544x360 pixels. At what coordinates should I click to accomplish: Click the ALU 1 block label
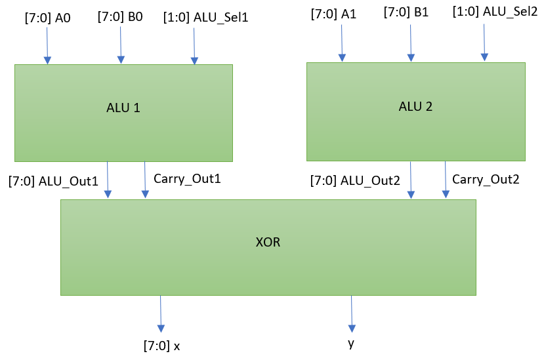123,108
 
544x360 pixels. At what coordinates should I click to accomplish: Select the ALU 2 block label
415,106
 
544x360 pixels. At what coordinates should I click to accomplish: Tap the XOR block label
268,242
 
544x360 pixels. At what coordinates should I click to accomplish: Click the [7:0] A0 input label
47,17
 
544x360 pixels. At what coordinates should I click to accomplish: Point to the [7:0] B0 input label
120,17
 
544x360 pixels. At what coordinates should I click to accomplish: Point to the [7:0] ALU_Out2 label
355,181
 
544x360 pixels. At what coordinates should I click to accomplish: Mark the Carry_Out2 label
486,178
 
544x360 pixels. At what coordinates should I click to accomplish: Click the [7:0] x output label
161,345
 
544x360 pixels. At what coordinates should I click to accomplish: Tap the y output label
351,342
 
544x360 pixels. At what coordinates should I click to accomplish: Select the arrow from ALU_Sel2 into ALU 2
485,43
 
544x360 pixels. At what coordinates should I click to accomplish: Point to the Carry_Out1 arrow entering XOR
144,180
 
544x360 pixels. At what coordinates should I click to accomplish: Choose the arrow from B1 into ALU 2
411,43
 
